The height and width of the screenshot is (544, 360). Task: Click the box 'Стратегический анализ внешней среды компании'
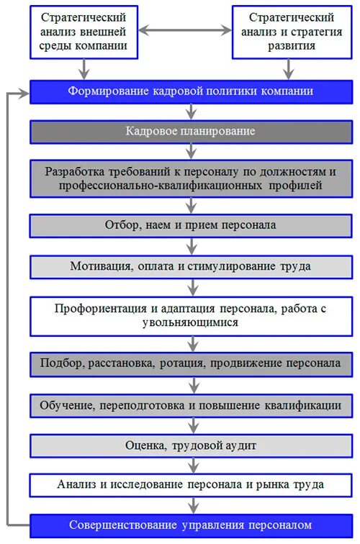point(85,31)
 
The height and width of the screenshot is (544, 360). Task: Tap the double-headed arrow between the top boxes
point(186,31)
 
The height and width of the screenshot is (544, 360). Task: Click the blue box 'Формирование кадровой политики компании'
point(191,92)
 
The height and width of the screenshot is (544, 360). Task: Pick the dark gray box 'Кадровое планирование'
point(191,132)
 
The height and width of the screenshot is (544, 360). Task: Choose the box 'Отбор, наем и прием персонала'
point(191,225)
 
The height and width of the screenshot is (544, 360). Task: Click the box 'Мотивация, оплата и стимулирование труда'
point(191,266)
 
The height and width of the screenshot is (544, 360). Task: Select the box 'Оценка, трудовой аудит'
point(191,445)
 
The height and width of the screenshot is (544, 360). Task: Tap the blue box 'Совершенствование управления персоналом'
point(191,525)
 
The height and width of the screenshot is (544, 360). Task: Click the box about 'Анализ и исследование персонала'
point(191,484)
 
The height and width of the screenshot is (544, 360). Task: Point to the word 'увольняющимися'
point(191,323)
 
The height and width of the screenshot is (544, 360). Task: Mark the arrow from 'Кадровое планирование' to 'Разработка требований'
point(191,150)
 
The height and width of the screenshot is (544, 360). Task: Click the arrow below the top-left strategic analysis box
point(85,69)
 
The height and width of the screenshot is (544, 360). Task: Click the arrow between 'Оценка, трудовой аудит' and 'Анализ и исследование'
point(191,465)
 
